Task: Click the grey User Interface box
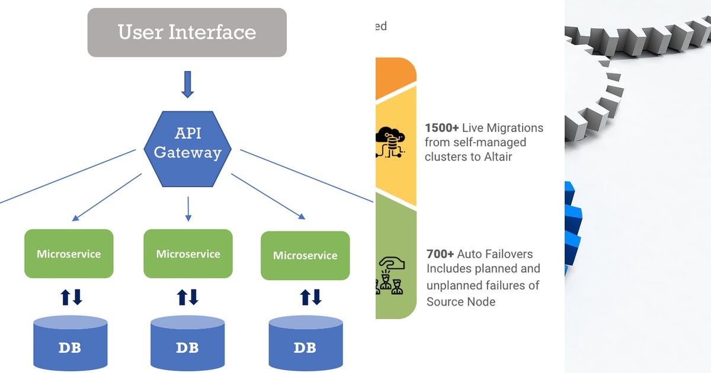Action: click(x=187, y=33)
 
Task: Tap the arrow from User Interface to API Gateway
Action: click(x=187, y=84)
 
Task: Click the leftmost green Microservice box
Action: click(x=69, y=253)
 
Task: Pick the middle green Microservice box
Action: click(x=188, y=253)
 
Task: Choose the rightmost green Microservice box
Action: click(x=305, y=255)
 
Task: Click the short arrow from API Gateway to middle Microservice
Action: click(x=188, y=208)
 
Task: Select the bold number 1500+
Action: click(x=442, y=128)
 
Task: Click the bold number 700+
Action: click(x=440, y=254)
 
